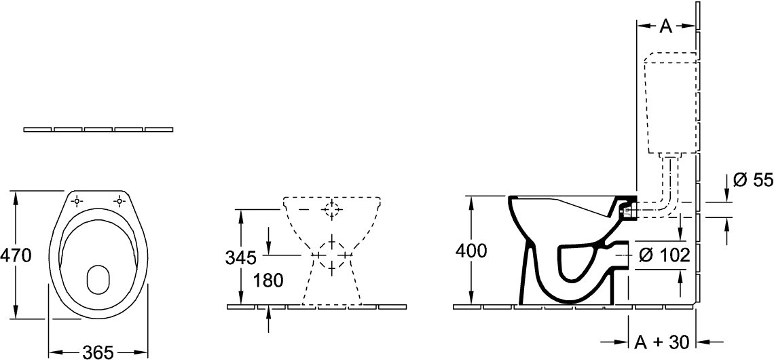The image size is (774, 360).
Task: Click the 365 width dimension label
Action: (98, 353)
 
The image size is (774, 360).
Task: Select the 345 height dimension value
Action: (241, 257)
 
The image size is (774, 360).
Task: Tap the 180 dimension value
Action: (268, 281)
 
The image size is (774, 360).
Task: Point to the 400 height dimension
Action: (471, 251)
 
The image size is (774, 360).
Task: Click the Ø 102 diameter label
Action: (664, 255)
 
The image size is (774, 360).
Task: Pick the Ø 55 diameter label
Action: (752, 181)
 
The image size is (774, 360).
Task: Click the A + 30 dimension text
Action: (661, 342)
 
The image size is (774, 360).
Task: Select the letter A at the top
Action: (667, 26)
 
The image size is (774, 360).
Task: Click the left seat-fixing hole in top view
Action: (77, 201)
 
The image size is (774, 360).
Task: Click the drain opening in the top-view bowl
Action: (98, 279)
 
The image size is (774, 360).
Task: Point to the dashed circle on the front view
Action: (332, 210)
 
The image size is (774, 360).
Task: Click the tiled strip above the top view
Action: (98, 129)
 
